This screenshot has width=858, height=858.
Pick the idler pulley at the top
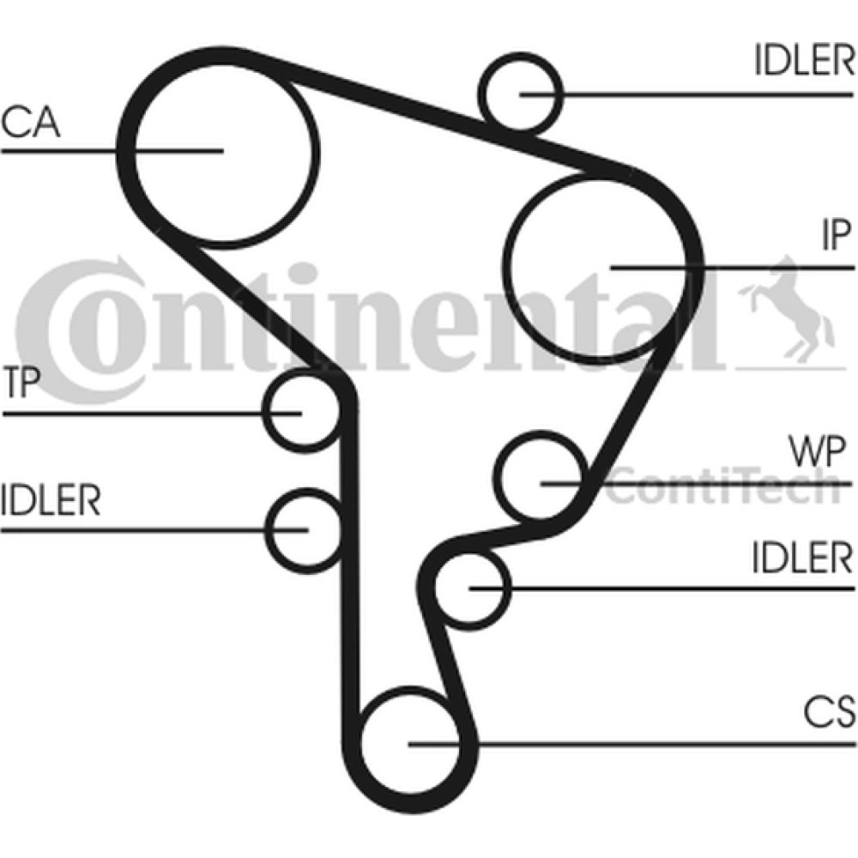click(x=522, y=92)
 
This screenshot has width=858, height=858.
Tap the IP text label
click(x=833, y=235)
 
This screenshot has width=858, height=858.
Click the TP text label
click(x=21, y=384)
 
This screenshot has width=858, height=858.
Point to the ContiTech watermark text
click(x=721, y=486)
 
